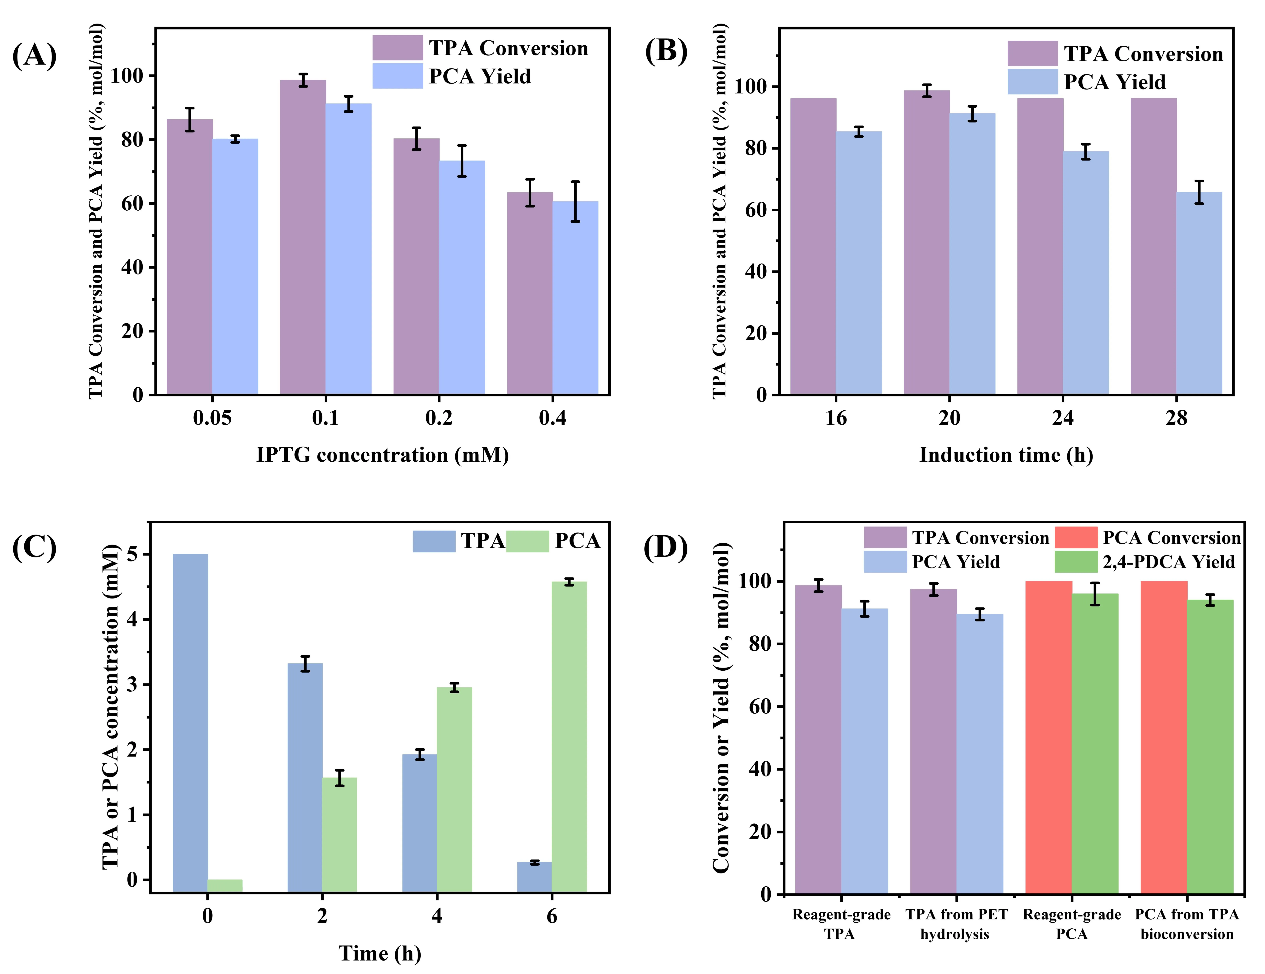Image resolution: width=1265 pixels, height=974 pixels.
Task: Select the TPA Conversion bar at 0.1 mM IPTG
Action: [303, 237]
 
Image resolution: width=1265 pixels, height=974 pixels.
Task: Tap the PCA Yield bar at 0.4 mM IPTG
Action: [575, 298]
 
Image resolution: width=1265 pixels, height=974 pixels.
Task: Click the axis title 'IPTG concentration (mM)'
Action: [382, 455]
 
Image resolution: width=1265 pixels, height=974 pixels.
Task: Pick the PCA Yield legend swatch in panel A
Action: [397, 76]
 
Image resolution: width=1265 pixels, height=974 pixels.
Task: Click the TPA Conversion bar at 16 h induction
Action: [813, 246]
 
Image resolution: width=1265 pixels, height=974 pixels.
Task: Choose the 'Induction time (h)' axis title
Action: [1006, 455]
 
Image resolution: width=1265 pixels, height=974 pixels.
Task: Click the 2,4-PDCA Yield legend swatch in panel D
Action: [1076, 562]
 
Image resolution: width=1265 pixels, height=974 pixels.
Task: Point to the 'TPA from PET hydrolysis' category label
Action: [956, 924]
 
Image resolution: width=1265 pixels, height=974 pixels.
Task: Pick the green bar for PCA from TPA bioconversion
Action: [1210, 747]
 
